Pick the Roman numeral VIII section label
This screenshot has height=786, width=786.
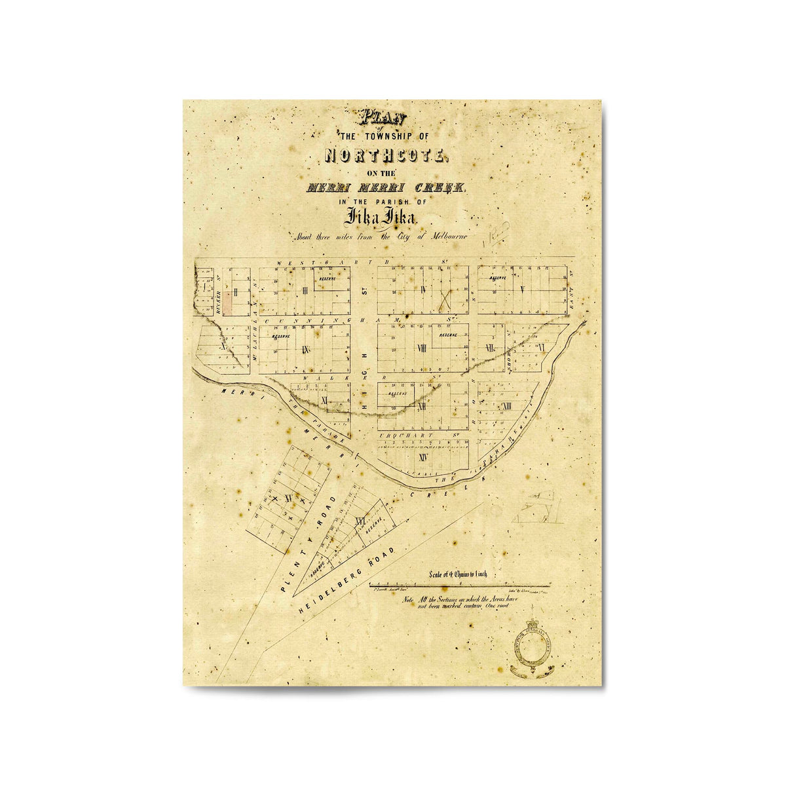click(x=422, y=348)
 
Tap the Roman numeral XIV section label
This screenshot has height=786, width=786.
click(x=422, y=457)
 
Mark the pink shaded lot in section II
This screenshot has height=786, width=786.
click(x=227, y=303)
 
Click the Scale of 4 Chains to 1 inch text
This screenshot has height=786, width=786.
click(x=458, y=574)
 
